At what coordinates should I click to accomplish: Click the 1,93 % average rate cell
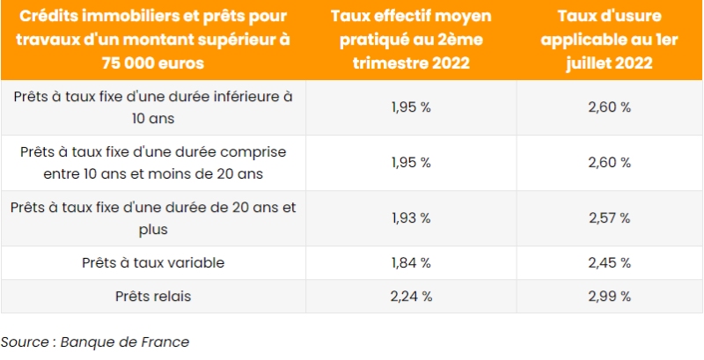click(411, 217)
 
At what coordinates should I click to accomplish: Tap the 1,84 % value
click(411, 262)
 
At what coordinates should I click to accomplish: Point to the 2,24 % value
click(411, 296)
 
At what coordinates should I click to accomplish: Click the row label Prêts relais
click(153, 296)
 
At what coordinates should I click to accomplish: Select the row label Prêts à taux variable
click(153, 262)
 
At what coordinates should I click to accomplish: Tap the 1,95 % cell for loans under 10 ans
click(411, 107)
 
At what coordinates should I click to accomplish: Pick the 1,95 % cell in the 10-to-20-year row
click(411, 162)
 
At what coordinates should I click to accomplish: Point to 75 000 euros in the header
click(153, 63)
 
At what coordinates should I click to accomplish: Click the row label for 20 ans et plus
click(153, 217)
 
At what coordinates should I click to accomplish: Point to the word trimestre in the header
click(391, 63)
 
